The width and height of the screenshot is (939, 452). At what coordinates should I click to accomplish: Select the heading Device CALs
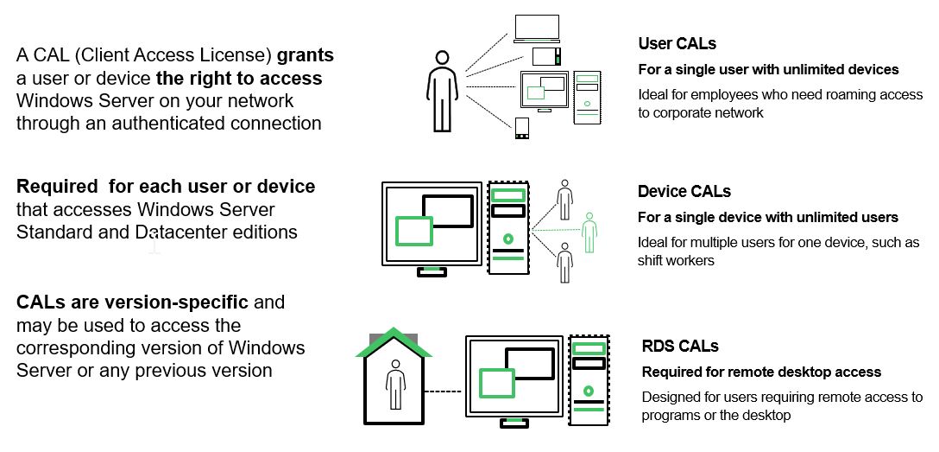pos(684,191)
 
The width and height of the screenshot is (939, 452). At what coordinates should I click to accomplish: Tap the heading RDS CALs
pos(680,346)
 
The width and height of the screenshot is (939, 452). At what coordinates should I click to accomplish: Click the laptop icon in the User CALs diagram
pos(537,29)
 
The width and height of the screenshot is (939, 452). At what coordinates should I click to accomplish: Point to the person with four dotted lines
pos(442,91)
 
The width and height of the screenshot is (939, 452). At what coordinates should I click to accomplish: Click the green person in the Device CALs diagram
pos(589,232)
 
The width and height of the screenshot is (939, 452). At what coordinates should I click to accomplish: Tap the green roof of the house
pos(393,342)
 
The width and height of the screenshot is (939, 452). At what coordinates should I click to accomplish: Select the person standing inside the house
pos(394,385)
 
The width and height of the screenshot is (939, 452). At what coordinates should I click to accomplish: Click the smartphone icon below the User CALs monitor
pos(521,129)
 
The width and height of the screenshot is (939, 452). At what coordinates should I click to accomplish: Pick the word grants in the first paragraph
pos(306,55)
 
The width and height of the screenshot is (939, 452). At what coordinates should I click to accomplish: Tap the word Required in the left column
pos(57,187)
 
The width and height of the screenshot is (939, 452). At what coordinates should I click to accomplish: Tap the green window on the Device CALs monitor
pos(413,231)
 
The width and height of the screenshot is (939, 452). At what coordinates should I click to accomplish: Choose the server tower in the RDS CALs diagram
pos(589,380)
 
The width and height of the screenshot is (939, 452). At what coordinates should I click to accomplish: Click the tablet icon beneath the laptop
pos(546,56)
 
